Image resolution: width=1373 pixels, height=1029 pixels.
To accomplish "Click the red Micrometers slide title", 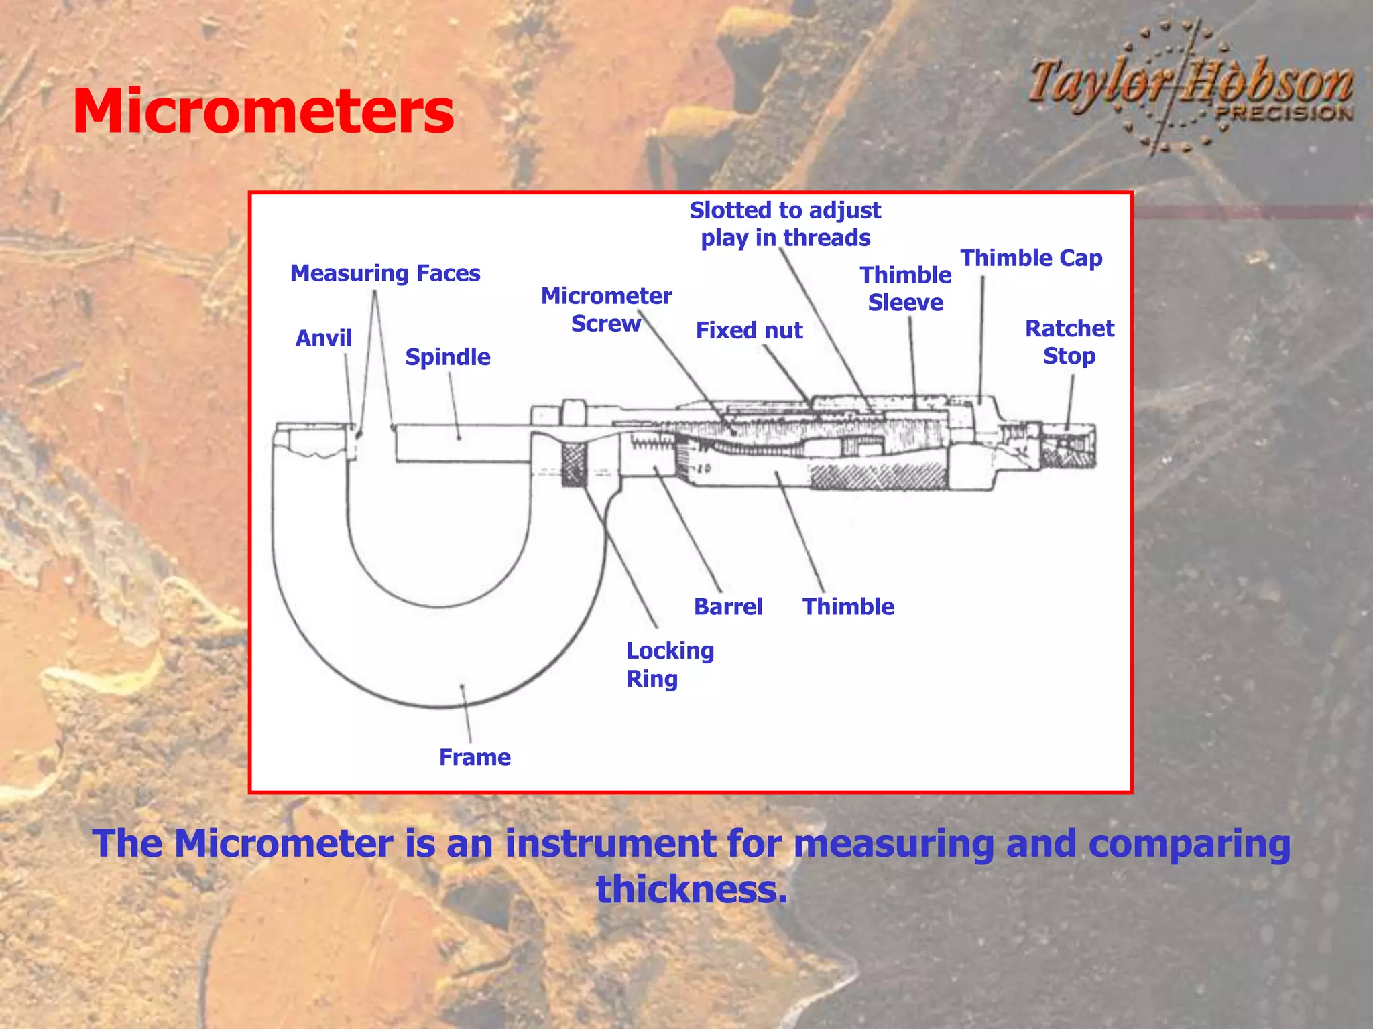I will pos(263,111).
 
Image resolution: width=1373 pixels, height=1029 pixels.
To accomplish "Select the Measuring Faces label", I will pos(385,273).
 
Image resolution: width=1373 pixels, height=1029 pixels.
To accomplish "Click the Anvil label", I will pos(323,338).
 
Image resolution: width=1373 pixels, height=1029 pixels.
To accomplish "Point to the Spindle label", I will pos(447,357).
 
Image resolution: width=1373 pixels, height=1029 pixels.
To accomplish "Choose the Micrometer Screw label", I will pos(606,310).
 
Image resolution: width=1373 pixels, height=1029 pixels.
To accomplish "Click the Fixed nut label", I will pos(749,330).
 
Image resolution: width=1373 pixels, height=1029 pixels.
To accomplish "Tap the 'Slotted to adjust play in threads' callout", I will pos(785,224).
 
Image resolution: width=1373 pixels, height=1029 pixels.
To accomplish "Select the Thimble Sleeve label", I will pos(905,289).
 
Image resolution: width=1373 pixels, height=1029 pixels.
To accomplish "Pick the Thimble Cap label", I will pos(1031,258).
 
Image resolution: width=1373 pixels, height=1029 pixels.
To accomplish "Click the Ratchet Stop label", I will pos(1069,342).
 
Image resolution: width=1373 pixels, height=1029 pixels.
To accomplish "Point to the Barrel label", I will pos(728,607).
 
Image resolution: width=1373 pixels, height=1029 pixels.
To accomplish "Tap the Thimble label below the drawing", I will pos(848,607).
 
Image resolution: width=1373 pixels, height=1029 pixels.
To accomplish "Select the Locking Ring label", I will pos(670,665).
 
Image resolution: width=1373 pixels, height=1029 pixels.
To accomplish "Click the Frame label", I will pos(475,758).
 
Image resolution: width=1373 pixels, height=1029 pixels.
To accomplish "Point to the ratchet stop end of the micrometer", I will pos(1069,445).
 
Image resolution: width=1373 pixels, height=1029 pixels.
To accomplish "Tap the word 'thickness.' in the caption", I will pos(692,890).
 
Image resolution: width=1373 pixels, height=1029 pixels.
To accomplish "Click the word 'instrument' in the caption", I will pos(611,843).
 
